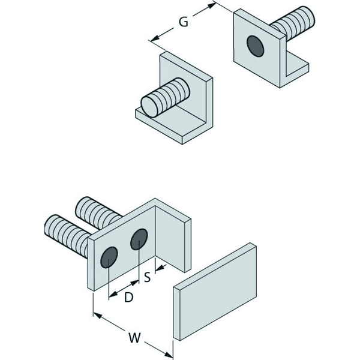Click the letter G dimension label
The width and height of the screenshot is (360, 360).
point(184,22)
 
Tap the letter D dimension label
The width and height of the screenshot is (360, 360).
point(129,298)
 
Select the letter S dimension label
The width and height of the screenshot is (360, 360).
point(147,277)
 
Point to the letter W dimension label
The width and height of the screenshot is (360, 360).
point(134,338)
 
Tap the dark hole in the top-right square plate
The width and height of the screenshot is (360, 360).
point(255,46)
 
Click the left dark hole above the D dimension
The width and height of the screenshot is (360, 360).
point(109,257)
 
